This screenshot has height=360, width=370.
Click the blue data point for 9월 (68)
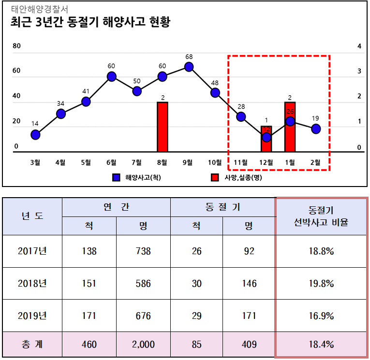pos(189,67)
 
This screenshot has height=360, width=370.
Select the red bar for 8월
pos(163,127)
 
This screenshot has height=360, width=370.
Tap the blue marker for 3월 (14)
pos(35,134)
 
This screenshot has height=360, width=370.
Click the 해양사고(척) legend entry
pos(138,178)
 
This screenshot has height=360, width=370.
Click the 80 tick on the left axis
pos(16,46)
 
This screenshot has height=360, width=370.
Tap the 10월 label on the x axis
pos(215,162)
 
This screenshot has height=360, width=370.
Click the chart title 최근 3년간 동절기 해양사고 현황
pos(90,23)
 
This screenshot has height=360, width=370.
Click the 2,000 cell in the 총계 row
pos(143,345)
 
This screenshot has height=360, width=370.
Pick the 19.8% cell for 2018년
pos(321,284)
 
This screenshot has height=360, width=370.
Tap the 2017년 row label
pos(32,251)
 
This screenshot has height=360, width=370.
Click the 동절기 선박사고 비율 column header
pos(321,216)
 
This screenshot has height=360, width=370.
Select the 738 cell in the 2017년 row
pos(143,251)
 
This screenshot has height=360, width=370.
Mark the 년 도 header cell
pos(32,216)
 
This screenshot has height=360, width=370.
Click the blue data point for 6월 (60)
pos(112,76)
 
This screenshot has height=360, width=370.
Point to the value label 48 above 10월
pos(215,83)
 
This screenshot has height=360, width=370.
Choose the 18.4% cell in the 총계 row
pos(321,345)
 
